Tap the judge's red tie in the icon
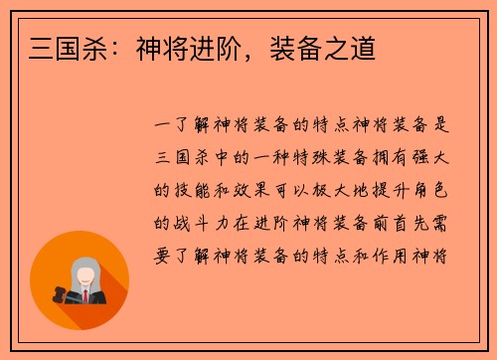click(85, 295)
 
